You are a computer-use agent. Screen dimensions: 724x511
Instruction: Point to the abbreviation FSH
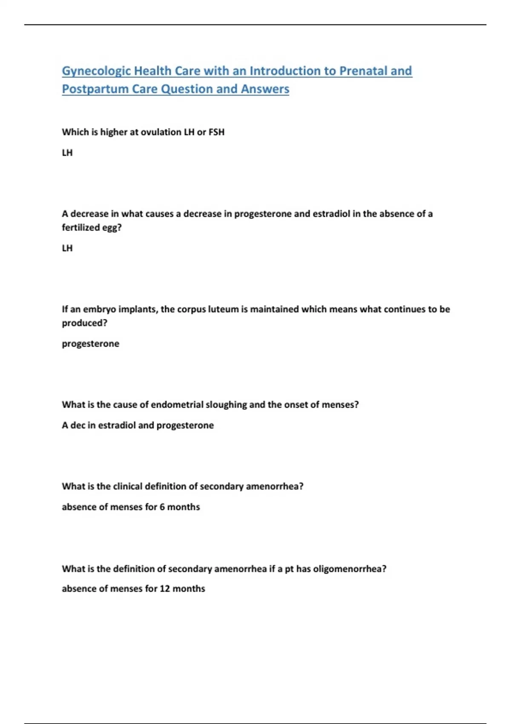point(216,132)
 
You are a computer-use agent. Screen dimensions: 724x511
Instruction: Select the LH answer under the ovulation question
point(67,152)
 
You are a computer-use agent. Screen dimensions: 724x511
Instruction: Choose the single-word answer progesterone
point(90,344)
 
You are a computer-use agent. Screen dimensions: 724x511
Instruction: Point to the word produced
point(84,323)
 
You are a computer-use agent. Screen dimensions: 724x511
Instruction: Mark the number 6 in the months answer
point(162,507)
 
